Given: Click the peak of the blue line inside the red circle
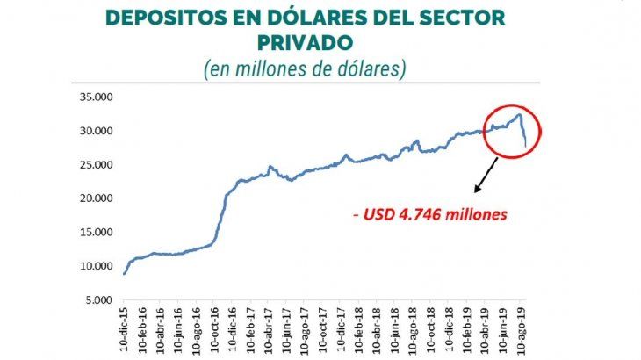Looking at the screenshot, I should pyautogui.click(x=519, y=114).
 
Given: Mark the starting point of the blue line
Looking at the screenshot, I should pyautogui.click(x=124, y=275).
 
